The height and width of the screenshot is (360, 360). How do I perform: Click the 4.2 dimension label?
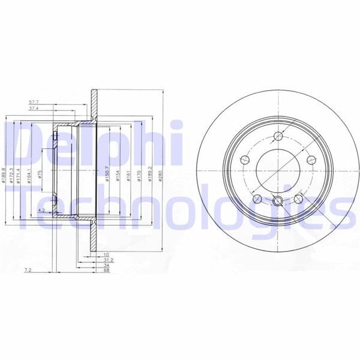pyautogui.click(x=41, y=210)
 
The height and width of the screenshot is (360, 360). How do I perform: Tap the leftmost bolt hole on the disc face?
pyautogui.click(x=245, y=160)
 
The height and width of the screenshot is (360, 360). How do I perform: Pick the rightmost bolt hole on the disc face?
pyautogui.click(x=311, y=160)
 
